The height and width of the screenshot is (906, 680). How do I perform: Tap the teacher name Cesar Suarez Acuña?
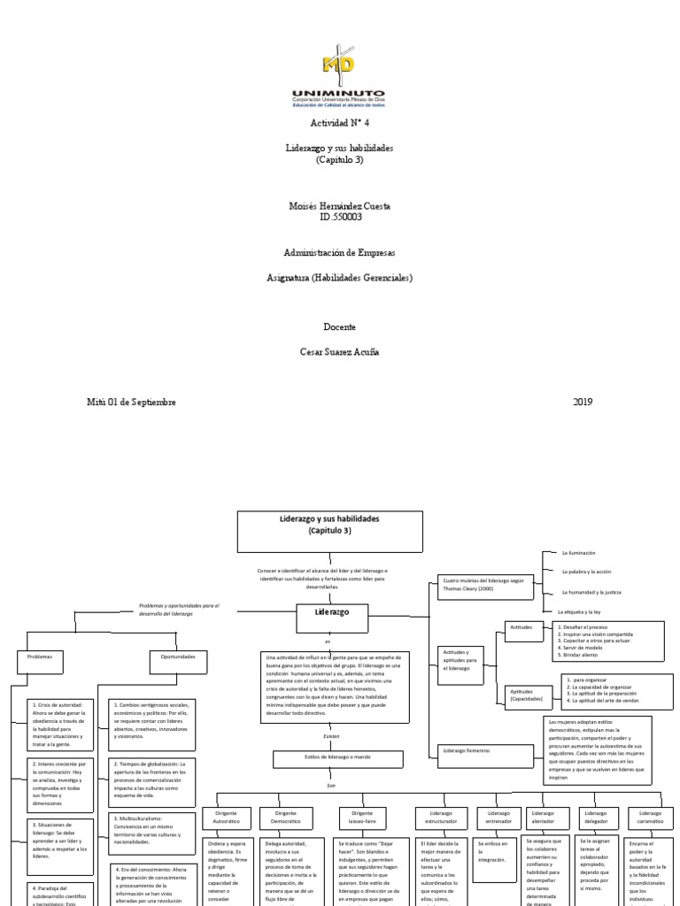pos(339,352)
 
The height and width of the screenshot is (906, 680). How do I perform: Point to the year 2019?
pos(582,402)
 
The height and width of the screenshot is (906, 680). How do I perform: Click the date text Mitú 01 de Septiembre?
pos(131,402)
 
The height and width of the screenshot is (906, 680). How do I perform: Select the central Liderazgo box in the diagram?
pos(332,612)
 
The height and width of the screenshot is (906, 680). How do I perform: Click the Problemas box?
pos(41,658)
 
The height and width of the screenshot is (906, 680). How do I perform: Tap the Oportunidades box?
pos(177,658)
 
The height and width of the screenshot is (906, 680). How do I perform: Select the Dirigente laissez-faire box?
pos(363,818)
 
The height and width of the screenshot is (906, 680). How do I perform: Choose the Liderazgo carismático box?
pos(650,818)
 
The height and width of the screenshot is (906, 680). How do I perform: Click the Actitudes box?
pos(522,626)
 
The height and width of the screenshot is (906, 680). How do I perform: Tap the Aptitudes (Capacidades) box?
pos(525,695)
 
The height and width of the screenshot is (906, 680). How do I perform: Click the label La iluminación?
pos(579,553)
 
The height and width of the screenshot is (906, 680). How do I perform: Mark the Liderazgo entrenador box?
pos(498,818)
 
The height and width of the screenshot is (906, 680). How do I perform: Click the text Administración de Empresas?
pos(339,253)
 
